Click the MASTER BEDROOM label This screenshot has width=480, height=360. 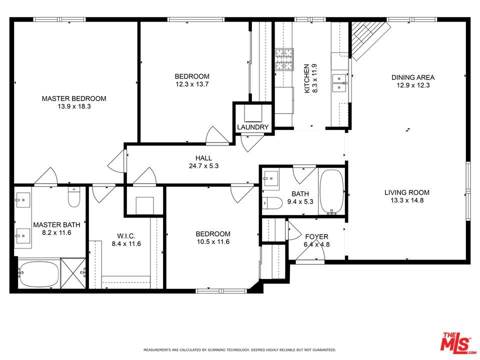74,98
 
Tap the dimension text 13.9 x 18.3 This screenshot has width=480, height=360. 74,106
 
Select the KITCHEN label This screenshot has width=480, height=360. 306,78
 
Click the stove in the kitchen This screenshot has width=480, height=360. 284,59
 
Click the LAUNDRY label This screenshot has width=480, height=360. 253,127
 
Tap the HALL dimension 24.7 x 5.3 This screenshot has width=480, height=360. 203,166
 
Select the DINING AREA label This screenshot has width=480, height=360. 413,77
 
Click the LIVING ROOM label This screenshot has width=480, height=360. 407,192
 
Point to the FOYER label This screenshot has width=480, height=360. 316,236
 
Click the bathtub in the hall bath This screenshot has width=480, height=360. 331,192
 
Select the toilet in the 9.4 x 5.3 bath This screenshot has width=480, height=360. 272,203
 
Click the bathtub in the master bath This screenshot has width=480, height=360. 38,273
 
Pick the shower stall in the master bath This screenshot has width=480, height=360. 73,273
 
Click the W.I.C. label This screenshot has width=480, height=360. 126,236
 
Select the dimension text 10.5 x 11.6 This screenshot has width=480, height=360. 213,242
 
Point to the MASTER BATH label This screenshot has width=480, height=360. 56,224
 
